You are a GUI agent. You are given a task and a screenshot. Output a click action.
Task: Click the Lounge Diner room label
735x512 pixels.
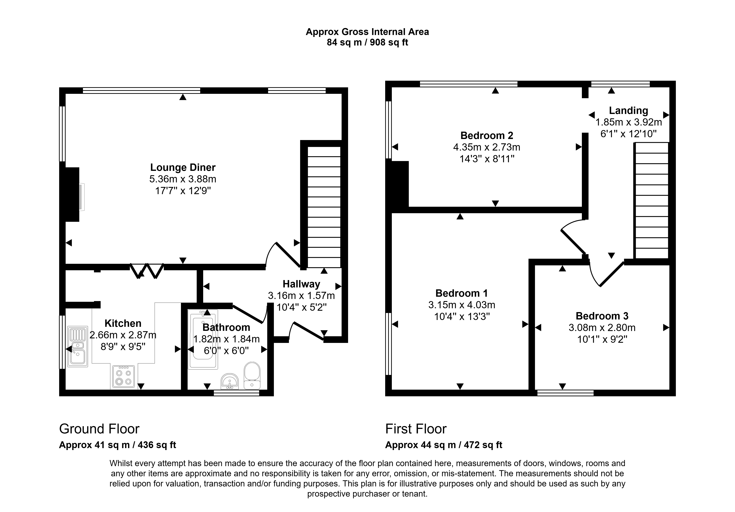click(x=183, y=168)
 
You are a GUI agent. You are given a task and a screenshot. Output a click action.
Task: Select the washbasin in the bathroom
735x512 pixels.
click(x=230, y=381)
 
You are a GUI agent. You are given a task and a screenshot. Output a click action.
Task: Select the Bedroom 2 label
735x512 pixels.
click(x=486, y=135)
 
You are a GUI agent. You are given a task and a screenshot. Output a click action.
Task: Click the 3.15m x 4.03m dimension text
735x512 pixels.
click(x=462, y=305)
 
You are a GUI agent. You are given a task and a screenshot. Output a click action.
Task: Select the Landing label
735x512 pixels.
click(x=628, y=110)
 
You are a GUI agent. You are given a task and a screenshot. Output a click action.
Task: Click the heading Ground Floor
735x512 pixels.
click(x=99, y=429)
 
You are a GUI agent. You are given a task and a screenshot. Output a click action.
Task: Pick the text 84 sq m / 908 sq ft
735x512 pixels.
click(x=367, y=43)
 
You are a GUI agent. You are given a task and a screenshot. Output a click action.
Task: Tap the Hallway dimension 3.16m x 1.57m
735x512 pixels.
click(x=301, y=295)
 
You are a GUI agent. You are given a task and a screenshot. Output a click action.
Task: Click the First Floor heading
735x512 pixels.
click(x=416, y=429)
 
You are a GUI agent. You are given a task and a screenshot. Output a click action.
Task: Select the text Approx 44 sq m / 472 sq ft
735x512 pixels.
click(x=444, y=445)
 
